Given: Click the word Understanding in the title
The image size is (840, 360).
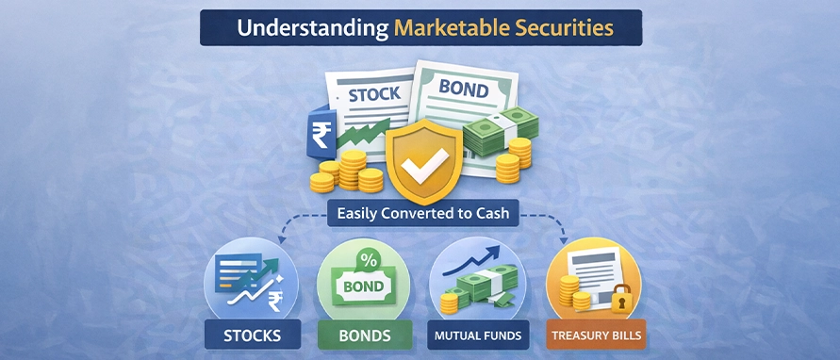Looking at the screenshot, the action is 313,28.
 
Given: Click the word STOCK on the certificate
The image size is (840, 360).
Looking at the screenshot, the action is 374,95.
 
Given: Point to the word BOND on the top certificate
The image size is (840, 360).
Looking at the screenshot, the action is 464,89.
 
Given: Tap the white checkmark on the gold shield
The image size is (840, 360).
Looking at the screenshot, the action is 425,164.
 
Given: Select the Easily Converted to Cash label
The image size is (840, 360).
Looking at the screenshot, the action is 423,214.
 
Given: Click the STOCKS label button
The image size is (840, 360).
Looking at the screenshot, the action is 252,335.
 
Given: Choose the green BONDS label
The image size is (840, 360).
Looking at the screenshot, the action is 364,335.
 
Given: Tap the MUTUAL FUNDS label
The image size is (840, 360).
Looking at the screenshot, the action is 478,335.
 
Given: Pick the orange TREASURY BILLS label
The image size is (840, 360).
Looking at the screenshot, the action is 596,335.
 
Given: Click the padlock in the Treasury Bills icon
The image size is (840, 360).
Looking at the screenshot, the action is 621,300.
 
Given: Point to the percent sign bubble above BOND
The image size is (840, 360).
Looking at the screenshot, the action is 369,260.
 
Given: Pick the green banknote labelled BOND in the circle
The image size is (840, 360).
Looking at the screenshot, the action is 364,286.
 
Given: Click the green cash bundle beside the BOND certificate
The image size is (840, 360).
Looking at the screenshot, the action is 501,132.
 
